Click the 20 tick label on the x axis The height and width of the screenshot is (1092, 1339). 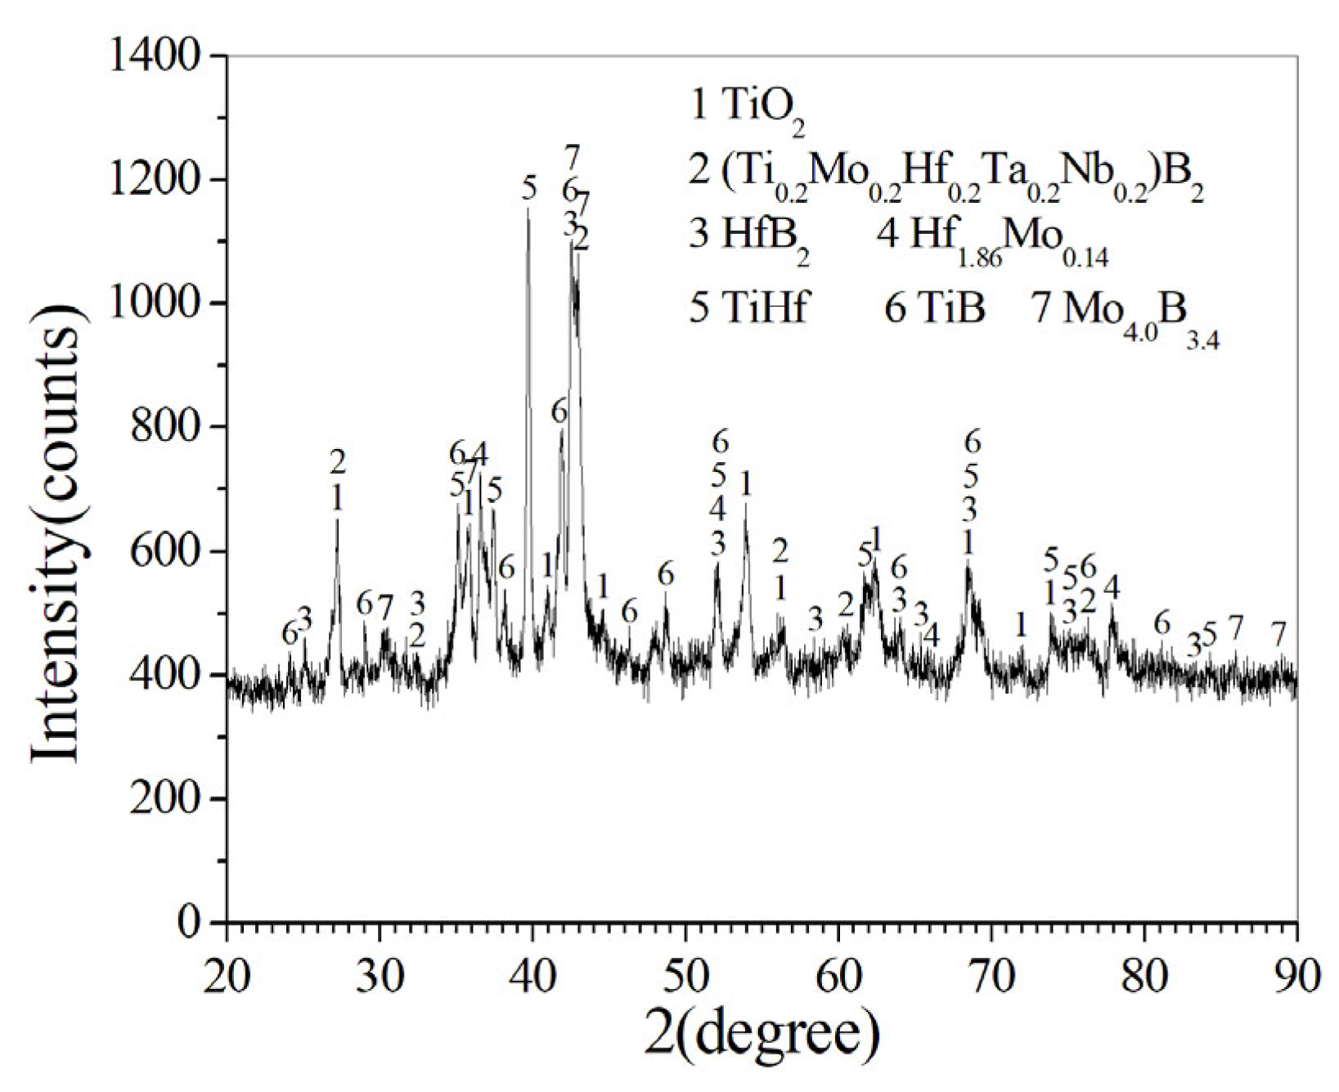click(227, 977)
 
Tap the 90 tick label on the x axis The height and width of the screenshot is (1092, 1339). click(1296, 977)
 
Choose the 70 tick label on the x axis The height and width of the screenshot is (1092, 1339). click(991, 977)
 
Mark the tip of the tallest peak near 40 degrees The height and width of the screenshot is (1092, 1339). click(528, 209)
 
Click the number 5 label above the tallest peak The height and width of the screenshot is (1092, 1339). click(529, 189)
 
